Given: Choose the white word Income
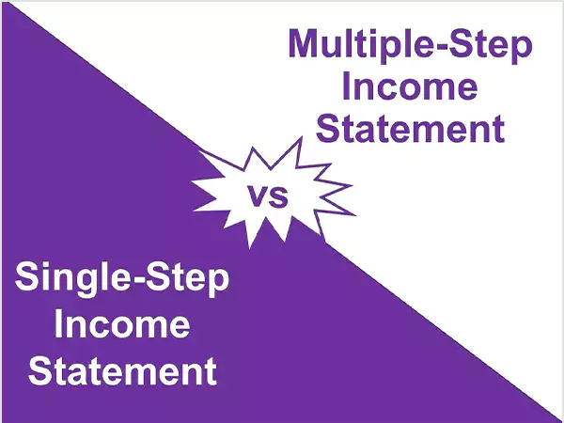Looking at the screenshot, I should click(121, 325).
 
